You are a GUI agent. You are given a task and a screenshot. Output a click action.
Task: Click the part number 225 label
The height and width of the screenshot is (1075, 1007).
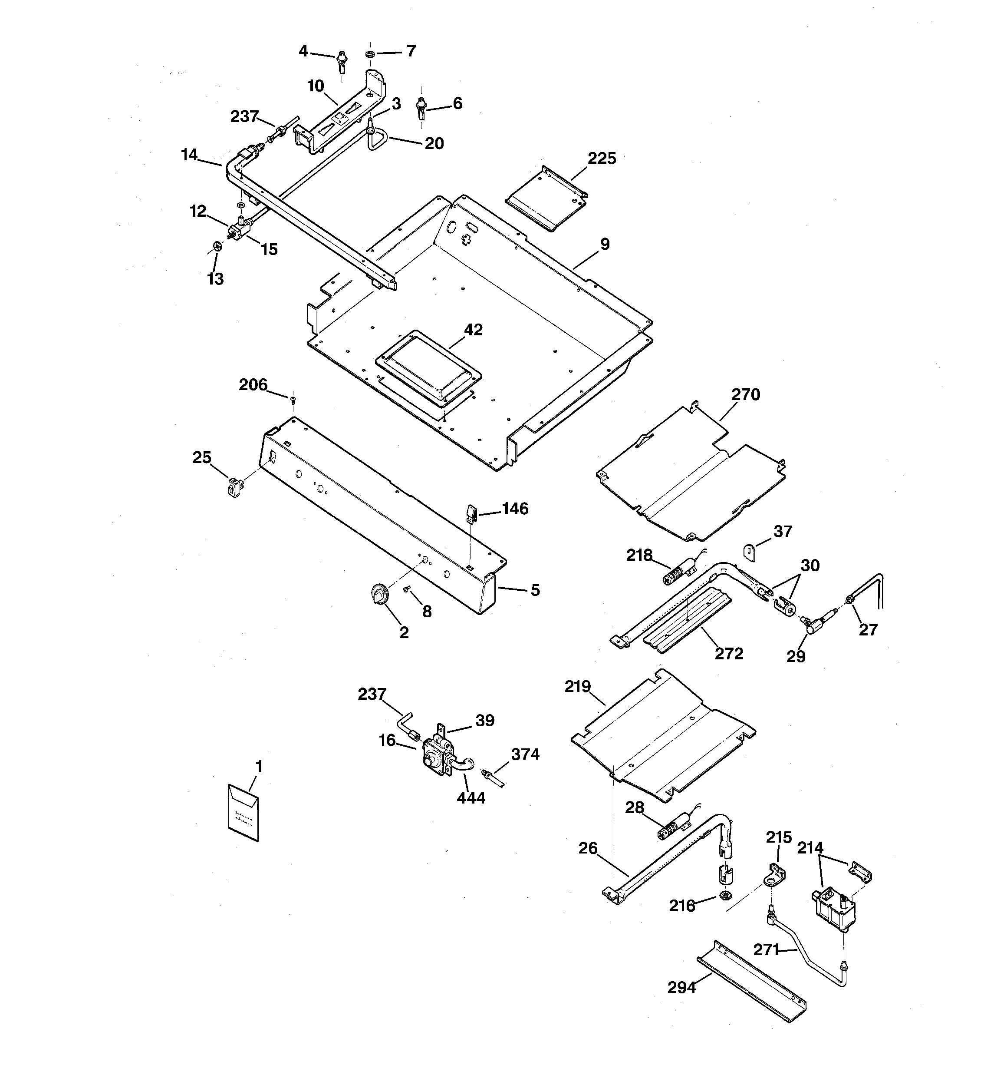coord(602,159)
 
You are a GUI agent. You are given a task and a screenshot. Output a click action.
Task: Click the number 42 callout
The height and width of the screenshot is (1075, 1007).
coord(473,329)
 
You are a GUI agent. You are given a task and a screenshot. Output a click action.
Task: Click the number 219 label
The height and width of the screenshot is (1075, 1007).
coord(577,687)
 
